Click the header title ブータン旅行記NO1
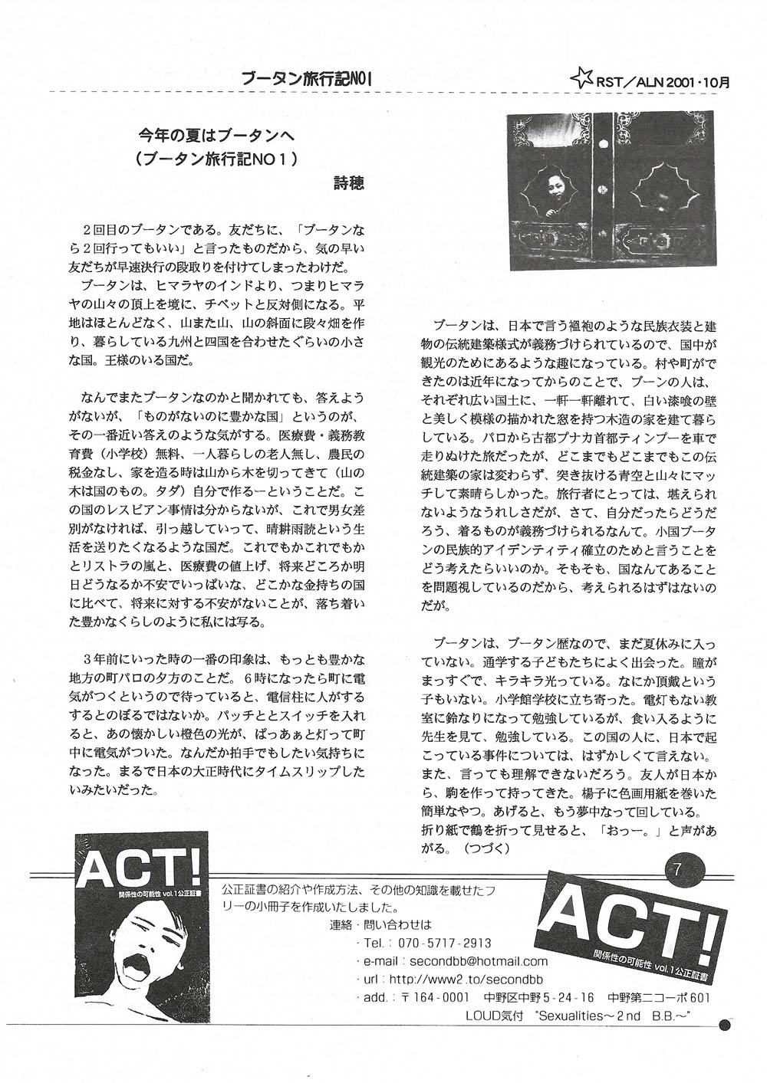pos(306,78)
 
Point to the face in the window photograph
pos(553,184)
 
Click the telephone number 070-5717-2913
pos(439,943)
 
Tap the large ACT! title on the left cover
pos(140,868)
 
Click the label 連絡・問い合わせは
pos(380,924)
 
